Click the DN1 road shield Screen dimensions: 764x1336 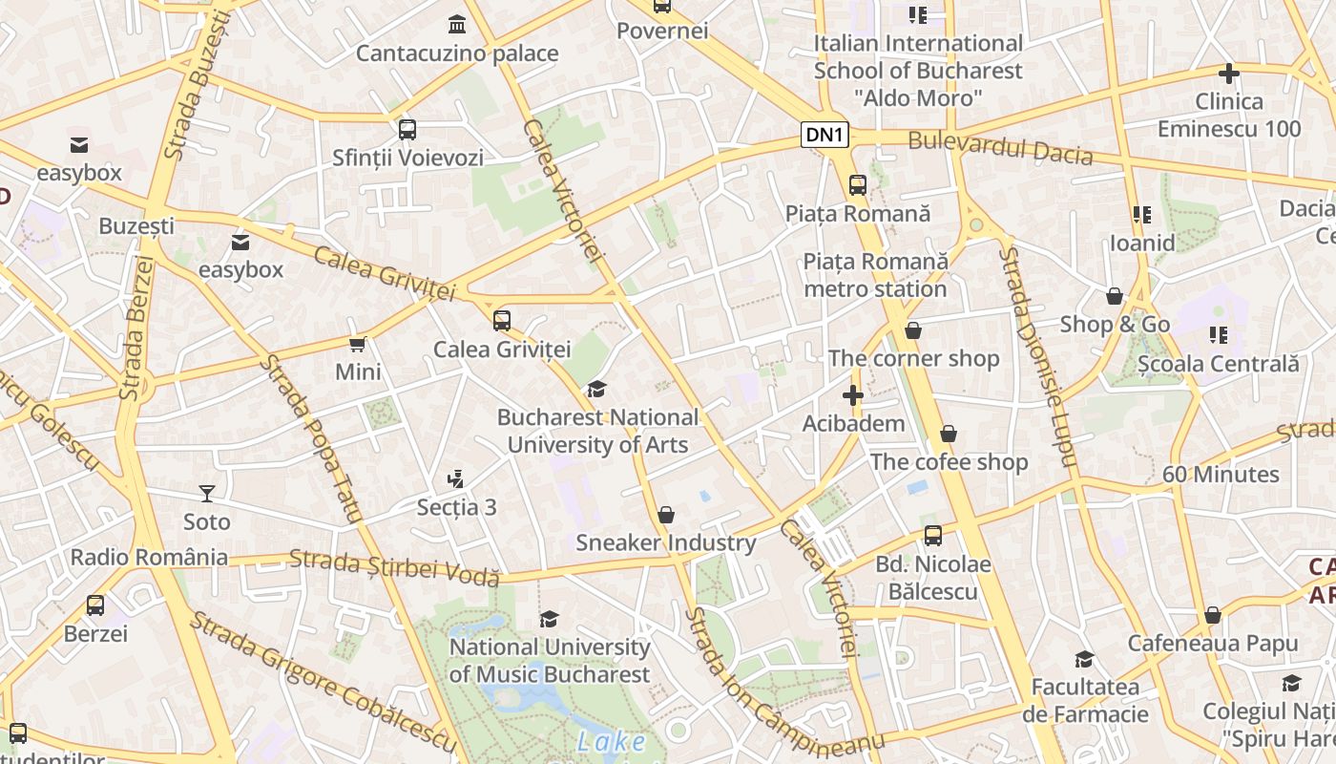(x=825, y=135)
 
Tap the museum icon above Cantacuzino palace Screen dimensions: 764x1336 (x=457, y=24)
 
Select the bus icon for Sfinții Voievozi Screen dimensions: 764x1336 (x=407, y=129)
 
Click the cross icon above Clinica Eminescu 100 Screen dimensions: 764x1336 (x=1229, y=73)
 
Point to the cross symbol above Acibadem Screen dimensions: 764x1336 (x=852, y=394)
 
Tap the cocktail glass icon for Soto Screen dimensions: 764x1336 (x=207, y=493)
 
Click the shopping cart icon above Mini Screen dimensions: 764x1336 (x=358, y=344)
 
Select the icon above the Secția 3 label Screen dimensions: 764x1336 (x=456, y=478)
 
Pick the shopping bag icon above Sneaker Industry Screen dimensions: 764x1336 (x=666, y=515)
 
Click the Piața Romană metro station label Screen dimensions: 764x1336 (x=875, y=275)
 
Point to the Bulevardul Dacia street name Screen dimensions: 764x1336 (x=1000, y=148)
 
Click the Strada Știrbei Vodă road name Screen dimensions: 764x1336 (x=394, y=565)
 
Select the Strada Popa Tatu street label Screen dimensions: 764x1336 (x=313, y=438)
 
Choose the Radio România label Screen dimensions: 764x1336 (x=149, y=557)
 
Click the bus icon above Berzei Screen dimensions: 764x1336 (x=95, y=605)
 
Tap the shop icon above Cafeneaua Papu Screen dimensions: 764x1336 (x=1212, y=615)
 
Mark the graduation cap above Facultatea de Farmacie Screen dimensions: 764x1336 (x=1084, y=659)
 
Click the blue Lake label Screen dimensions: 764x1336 (x=611, y=741)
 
